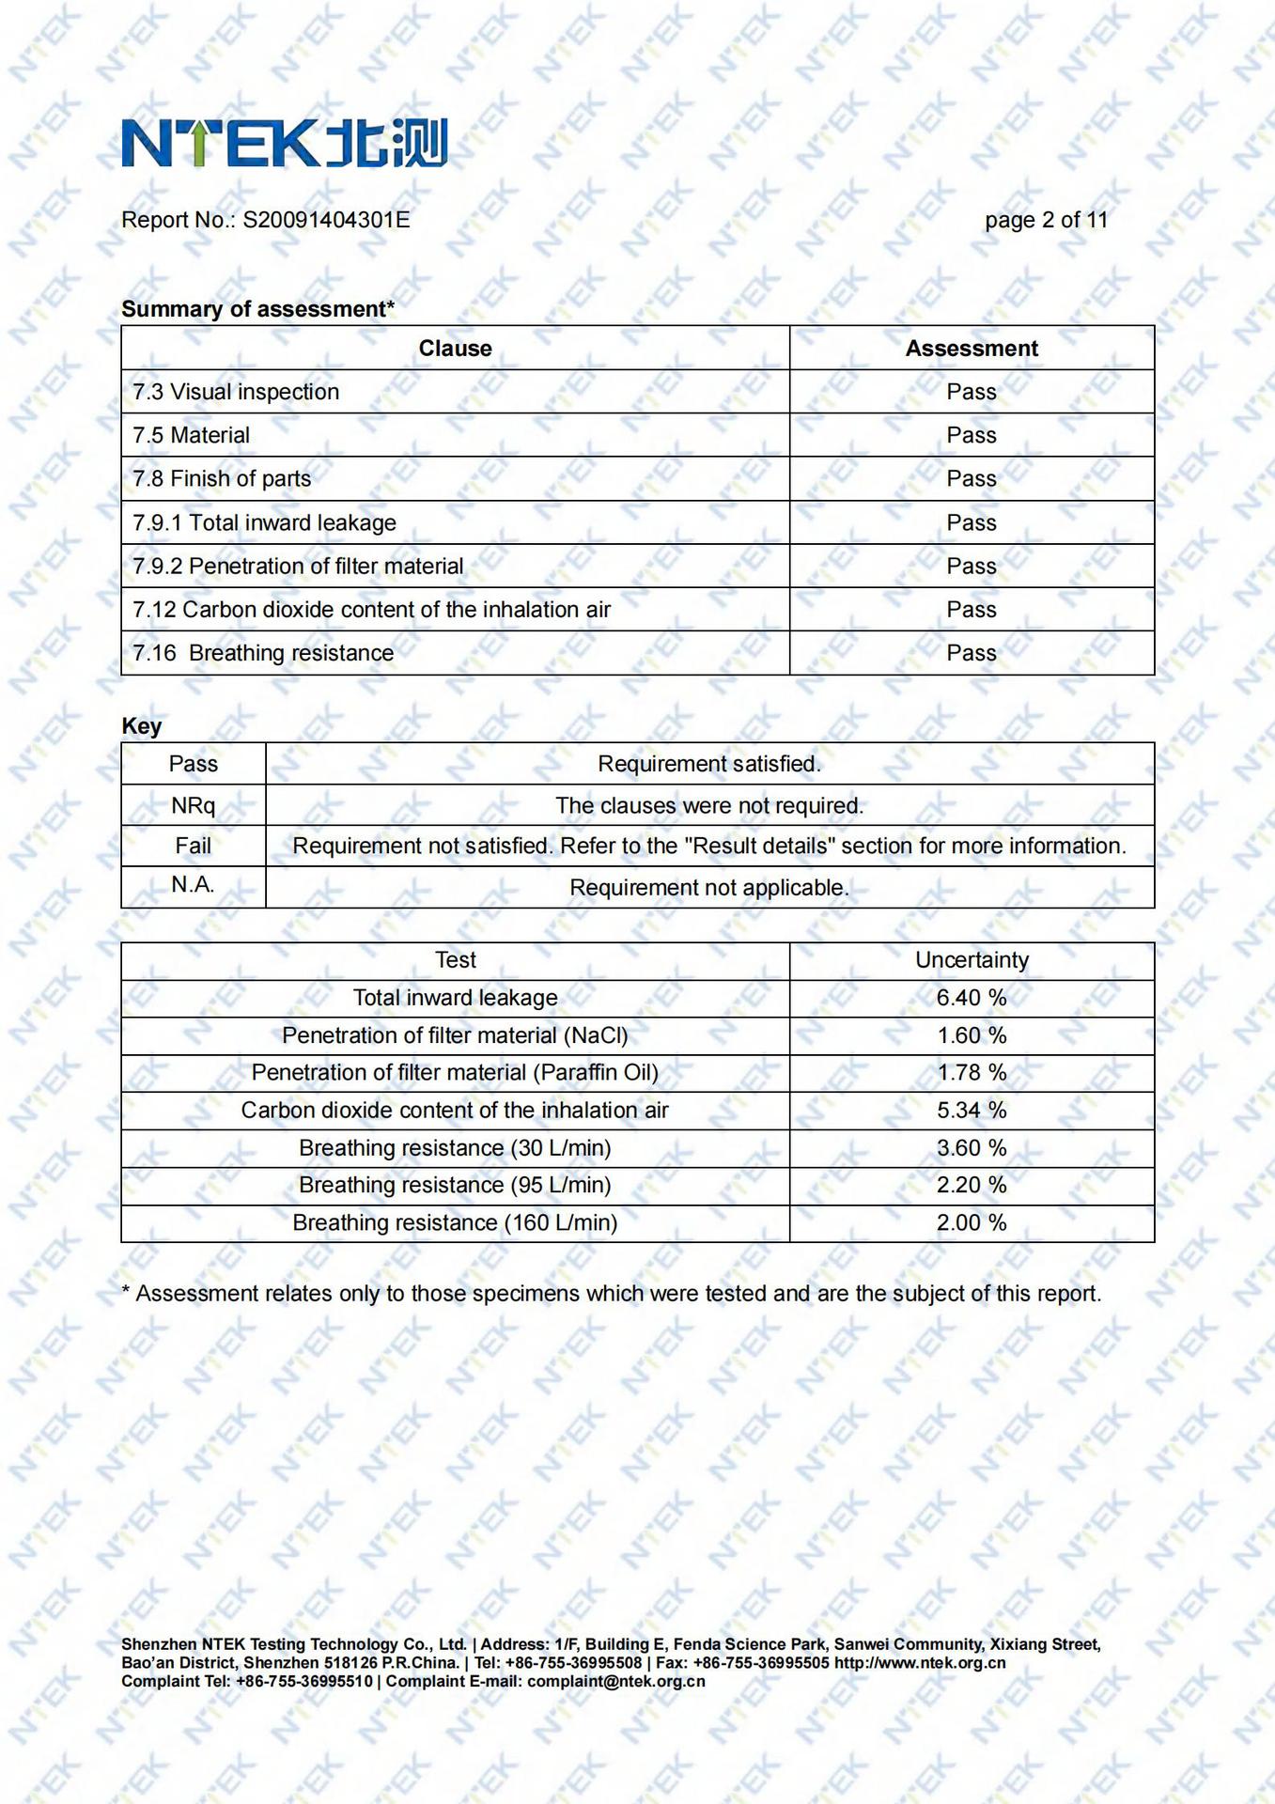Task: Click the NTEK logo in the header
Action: [285, 143]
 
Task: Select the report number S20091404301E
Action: [326, 220]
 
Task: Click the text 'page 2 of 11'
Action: [1046, 220]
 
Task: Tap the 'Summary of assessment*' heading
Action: [257, 309]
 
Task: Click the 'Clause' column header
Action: [455, 349]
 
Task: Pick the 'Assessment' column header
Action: [971, 349]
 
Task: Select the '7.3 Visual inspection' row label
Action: [236, 392]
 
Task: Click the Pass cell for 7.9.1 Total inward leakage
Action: [971, 522]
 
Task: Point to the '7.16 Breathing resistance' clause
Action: [263, 653]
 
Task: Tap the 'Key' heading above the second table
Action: [142, 726]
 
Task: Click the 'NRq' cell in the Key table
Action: [193, 805]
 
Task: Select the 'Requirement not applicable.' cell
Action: [708, 888]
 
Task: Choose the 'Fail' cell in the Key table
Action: [193, 846]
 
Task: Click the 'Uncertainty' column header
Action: [972, 960]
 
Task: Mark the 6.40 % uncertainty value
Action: [971, 998]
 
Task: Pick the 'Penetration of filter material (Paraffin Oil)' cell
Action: [455, 1073]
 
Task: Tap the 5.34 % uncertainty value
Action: [971, 1111]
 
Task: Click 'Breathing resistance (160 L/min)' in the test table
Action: [455, 1223]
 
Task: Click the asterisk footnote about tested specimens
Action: [611, 1294]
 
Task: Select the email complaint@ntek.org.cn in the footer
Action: [615, 1681]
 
